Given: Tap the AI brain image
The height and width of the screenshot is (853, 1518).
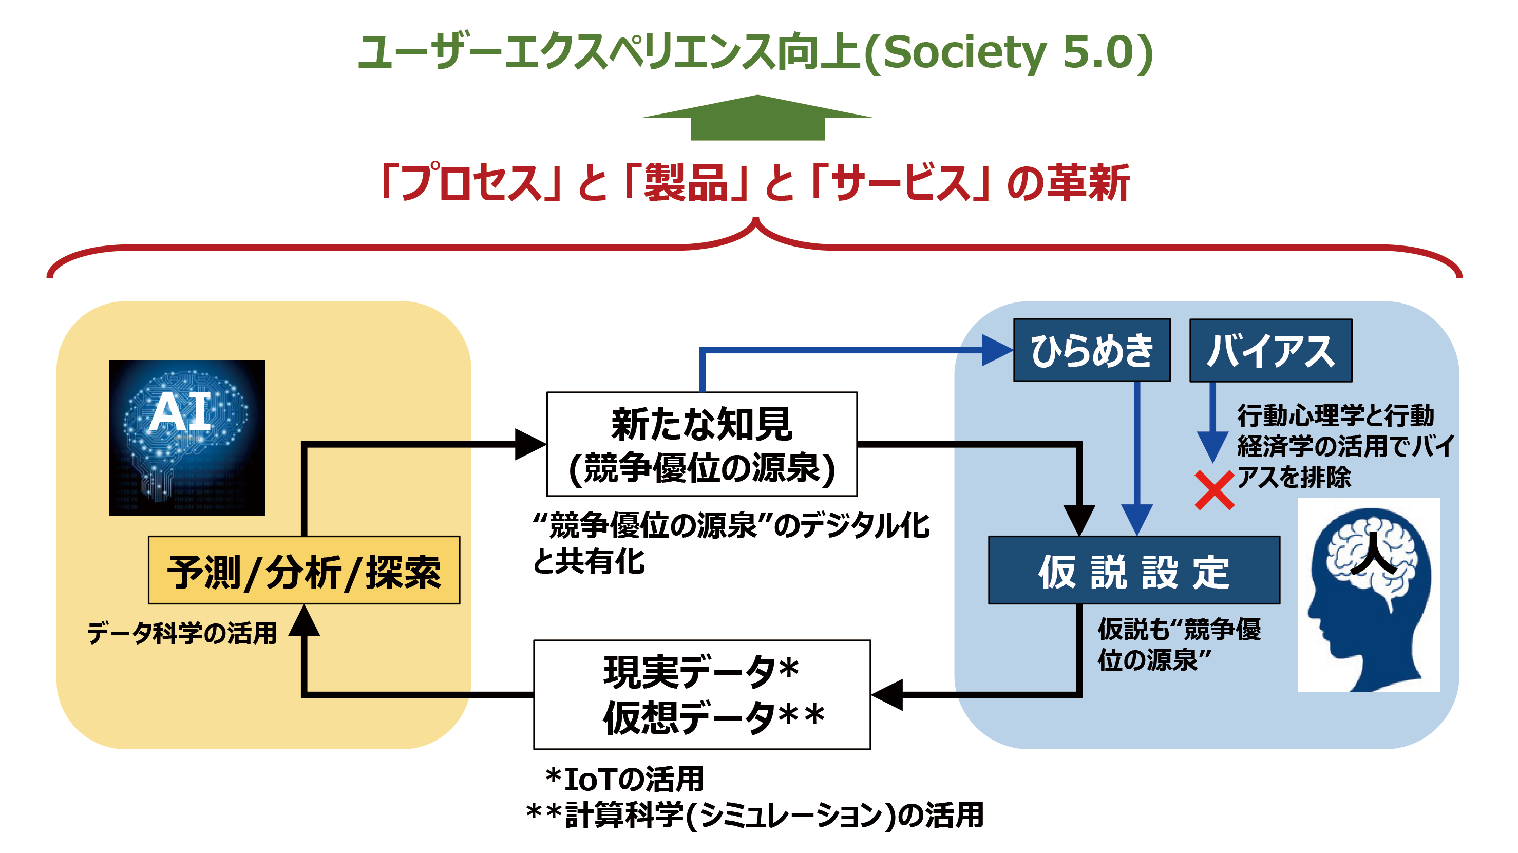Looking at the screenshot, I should pyautogui.click(x=187, y=438).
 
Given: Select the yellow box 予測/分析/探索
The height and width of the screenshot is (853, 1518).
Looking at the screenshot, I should pyautogui.click(x=303, y=570).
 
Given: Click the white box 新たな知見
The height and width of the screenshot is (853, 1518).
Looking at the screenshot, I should pyautogui.click(x=701, y=444).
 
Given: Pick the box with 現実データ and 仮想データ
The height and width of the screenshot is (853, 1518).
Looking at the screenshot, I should pyautogui.click(x=701, y=694).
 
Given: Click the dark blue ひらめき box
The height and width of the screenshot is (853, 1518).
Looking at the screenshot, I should pyautogui.click(x=1091, y=350).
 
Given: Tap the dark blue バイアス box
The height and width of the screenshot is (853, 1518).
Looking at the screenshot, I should pyautogui.click(x=1270, y=351).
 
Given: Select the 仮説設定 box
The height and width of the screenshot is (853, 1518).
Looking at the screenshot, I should pyautogui.click(x=1133, y=570).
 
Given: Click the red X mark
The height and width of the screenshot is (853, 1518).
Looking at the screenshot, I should pyautogui.click(x=1214, y=490).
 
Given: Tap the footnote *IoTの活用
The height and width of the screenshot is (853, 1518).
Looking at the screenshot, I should pyautogui.click(x=624, y=780).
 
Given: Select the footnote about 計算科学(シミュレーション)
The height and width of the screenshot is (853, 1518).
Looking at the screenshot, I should pyautogui.click(x=754, y=816).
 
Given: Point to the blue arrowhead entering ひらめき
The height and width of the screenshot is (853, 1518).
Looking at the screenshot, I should pyautogui.click(x=997, y=350).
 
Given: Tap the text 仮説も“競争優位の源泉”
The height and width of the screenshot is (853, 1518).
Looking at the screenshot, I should pyautogui.click(x=1179, y=645).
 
